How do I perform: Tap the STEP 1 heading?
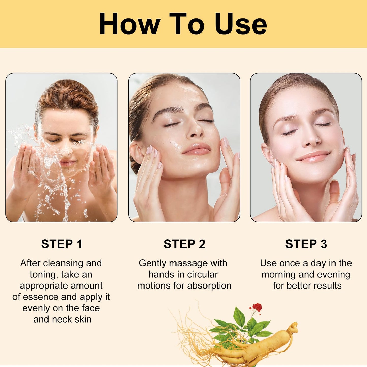[62, 244]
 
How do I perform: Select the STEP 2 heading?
[184, 244]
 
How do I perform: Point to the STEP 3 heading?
[306, 244]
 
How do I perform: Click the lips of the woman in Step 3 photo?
[314, 156]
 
